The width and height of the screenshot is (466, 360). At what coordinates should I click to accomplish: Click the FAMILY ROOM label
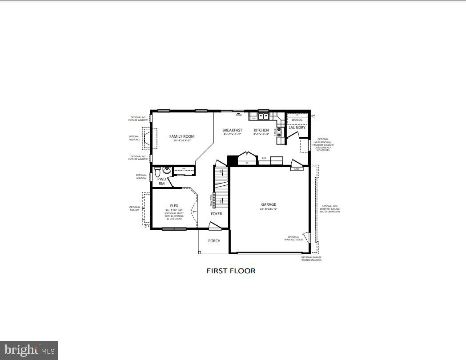point(182,136)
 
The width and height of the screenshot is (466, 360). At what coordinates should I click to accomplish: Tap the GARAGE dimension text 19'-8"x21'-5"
point(268,208)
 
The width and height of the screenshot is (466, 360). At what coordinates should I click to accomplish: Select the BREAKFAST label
point(232,130)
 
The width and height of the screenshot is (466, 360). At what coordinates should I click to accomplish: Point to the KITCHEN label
point(261,130)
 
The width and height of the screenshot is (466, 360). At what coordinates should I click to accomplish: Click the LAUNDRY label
point(297,128)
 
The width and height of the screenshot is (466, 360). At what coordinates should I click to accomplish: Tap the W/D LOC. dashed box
point(297,119)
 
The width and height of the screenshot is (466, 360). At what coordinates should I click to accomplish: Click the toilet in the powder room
point(157,171)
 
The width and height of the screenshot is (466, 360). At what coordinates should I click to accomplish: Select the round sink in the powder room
point(167,170)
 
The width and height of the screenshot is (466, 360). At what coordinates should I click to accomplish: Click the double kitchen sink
point(262,116)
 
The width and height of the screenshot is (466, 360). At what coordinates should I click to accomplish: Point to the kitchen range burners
point(280,132)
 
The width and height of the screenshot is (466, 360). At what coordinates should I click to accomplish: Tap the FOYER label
point(216,214)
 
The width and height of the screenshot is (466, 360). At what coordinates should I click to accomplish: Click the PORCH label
point(214,241)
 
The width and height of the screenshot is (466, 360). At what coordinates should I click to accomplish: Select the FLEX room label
point(173,206)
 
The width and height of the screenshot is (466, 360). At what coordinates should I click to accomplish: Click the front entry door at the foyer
point(214,226)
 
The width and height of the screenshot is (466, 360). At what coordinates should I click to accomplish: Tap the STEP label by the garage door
point(297,169)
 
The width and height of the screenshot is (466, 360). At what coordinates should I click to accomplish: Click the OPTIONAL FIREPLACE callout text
point(134,138)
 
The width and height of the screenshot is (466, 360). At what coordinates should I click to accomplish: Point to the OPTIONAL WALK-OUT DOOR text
point(293,238)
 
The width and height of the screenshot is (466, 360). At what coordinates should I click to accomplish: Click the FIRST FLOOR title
point(231,271)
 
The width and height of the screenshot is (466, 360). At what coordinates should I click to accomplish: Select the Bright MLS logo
point(29,350)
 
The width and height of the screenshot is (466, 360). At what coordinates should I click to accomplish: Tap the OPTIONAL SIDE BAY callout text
point(135,208)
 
